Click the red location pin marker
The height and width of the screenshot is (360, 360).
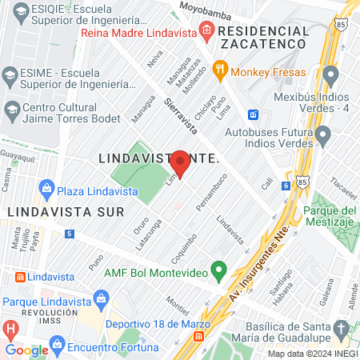pos(181,163)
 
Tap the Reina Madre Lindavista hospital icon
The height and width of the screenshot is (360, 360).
pos(206,31)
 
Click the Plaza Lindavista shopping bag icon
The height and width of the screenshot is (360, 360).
pos(46,189)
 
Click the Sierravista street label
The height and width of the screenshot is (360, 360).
pos(179,115)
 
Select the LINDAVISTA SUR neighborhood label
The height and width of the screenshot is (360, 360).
pos(64,212)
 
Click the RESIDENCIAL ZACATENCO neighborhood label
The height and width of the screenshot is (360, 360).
pos(264,37)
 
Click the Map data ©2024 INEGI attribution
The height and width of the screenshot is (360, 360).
pos(311,354)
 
